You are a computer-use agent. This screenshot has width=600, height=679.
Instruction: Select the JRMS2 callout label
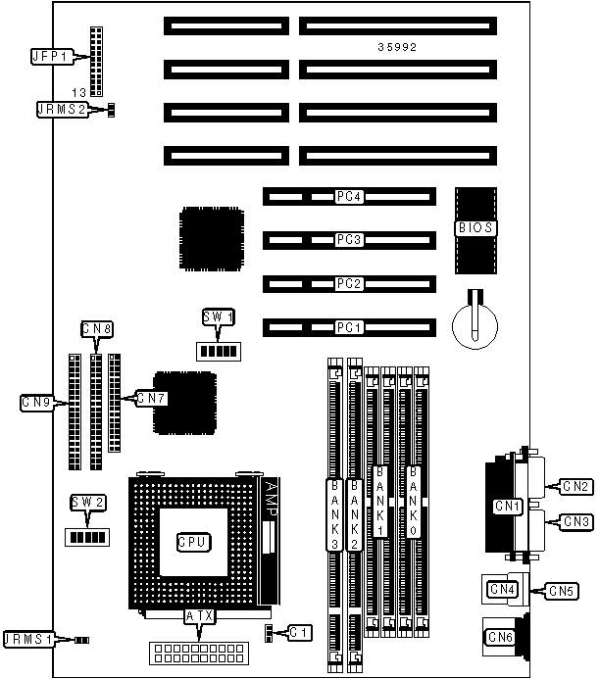[x=59, y=110]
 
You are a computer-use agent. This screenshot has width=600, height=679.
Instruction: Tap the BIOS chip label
[x=476, y=228]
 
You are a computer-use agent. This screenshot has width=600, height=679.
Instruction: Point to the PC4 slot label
[x=349, y=197]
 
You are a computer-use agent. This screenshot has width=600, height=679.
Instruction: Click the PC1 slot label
[x=349, y=326]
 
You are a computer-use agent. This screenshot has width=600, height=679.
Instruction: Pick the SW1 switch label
[x=218, y=316]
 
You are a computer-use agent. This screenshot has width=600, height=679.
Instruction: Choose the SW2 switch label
[x=86, y=503]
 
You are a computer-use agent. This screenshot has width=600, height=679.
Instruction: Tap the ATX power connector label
[x=199, y=616]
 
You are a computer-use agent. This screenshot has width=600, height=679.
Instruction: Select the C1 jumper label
[x=298, y=632]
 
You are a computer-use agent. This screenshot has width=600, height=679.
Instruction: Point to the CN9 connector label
[x=39, y=401]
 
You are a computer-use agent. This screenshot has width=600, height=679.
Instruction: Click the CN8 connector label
[x=96, y=328]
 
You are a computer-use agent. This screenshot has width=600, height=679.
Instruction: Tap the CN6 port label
[x=501, y=638]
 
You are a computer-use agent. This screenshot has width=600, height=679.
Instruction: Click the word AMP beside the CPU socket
[x=274, y=501]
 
